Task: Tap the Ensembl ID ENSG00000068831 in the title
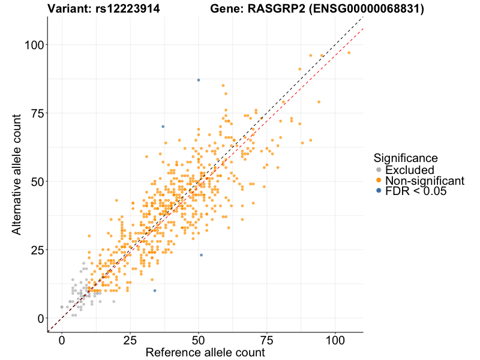[x=373, y=9]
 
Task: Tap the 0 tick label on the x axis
[x=61, y=340]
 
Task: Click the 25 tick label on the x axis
[x=130, y=340]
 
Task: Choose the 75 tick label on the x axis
[x=266, y=340]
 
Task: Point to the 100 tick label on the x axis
[x=335, y=340]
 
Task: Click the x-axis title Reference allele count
[x=205, y=352]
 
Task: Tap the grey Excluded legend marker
[x=379, y=170]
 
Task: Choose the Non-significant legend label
[x=425, y=181]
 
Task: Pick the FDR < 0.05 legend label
[x=418, y=191]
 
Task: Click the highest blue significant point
[x=198, y=80]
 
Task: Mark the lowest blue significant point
[x=155, y=290]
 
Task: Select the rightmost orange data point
[x=349, y=53]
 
